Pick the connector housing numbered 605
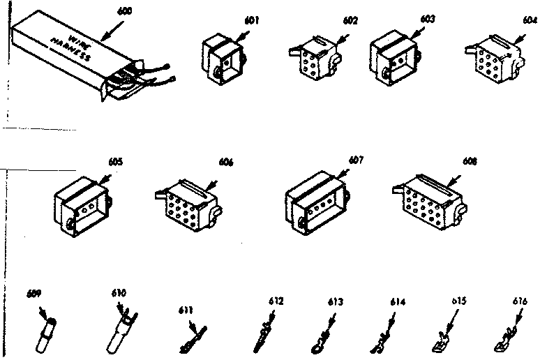83,204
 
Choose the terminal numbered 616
504,339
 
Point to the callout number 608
471,161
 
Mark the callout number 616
518,301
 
